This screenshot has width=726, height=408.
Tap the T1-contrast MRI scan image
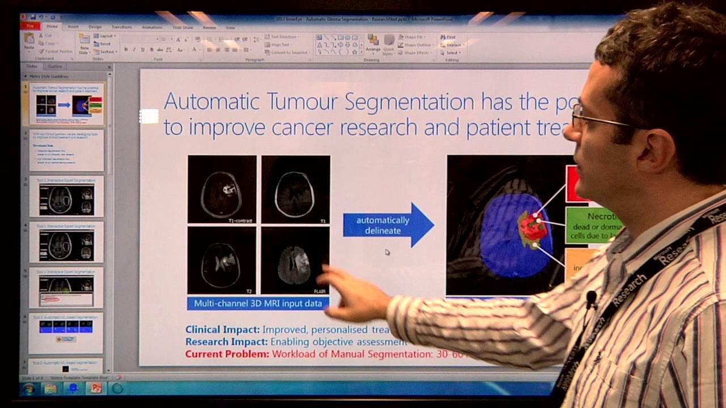click(x=222, y=189)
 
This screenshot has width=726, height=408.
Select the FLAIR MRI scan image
click(x=295, y=261)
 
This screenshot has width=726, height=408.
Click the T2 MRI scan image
click(x=222, y=261)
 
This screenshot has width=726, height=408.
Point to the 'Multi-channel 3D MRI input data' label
click(x=258, y=303)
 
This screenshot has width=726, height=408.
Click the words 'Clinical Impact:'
click(x=222, y=329)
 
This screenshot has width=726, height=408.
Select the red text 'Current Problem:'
click(x=227, y=354)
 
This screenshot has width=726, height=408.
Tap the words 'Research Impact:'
click(x=226, y=342)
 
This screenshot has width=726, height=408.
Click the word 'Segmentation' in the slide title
click(x=409, y=102)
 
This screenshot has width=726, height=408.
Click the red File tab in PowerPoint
click(x=29, y=27)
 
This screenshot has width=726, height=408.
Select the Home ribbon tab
click(x=52, y=27)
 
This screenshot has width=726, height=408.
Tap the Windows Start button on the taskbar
click(x=28, y=389)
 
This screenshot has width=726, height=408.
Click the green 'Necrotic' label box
click(x=593, y=225)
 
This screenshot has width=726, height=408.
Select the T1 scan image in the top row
click(x=295, y=189)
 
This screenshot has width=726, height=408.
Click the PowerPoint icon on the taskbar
click(x=95, y=389)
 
